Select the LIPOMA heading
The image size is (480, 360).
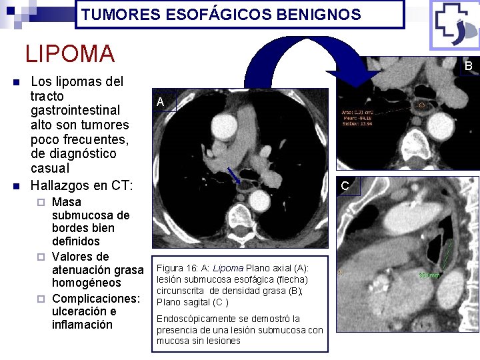pos(70,53)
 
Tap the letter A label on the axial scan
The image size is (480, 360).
pos(160,102)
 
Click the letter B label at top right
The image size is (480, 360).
pos(468,66)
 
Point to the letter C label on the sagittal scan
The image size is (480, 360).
pos(345,186)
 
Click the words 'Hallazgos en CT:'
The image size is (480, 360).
pos(82,183)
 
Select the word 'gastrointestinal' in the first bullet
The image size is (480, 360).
pos(75,110)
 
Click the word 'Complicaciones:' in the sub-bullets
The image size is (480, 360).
pos(96,297)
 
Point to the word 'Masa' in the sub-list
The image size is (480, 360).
pos(67,202)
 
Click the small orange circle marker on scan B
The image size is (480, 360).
pos(421,105)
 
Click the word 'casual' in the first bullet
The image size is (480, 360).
pos(50,168)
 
